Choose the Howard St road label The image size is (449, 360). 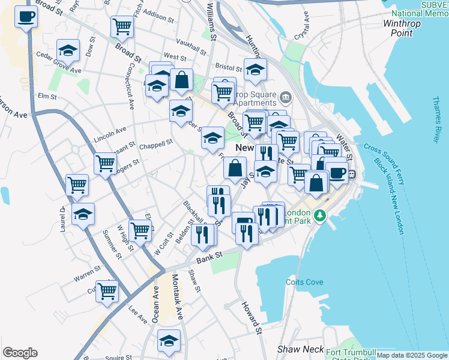[252, 318]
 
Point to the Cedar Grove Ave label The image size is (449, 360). [58, 70]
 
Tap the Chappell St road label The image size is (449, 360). [155, 143]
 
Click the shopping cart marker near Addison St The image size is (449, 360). [122, 26]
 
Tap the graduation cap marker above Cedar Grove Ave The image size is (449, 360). [68, 50]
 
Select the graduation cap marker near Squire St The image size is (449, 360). [169, 340]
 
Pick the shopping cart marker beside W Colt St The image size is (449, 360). [140, 229]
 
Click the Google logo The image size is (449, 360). [20, 353]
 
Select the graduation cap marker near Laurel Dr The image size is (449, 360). [83, 213]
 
